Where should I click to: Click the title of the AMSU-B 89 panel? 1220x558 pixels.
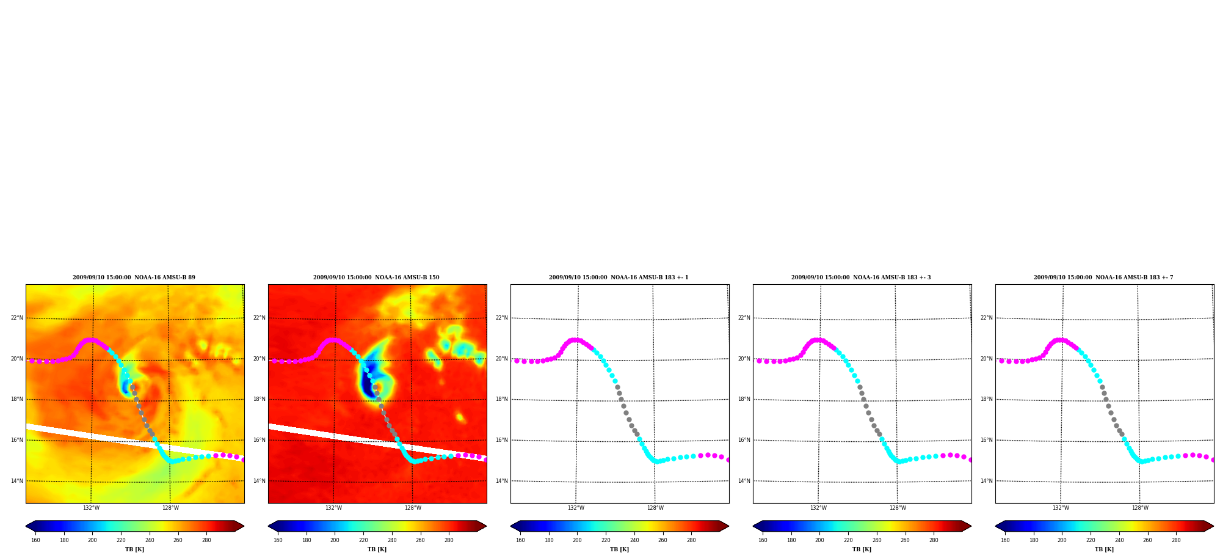(x=134, y=277)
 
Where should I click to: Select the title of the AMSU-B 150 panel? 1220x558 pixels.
(x=376, y=277)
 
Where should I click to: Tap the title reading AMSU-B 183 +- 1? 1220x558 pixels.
(x=619, y=277)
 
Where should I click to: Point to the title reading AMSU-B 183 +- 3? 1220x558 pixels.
(x=861, y=277)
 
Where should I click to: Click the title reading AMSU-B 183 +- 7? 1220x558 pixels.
(x=1103, y=277)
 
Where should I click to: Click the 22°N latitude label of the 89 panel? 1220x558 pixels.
(x=16, y=318)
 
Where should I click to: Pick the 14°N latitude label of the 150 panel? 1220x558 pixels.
(x=259, y=481)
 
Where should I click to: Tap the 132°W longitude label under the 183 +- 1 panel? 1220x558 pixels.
(x=576, y=508)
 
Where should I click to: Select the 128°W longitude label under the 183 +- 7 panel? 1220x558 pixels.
(x=1140, y=508)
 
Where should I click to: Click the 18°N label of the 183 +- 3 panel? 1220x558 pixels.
(x=744, y=399)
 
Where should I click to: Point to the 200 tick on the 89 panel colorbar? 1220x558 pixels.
(x=92, y=540)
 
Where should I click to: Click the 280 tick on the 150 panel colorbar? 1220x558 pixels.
(x=449, y=540)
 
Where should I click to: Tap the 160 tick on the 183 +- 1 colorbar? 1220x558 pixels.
(x=520, y=540)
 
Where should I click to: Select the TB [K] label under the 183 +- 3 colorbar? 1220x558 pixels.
(x=862, y=549)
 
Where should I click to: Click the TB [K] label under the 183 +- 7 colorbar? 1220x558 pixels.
(x=1104, y=549)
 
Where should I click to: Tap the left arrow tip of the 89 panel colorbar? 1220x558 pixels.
(x=26, y=526)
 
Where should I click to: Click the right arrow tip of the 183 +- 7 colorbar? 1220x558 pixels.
(x=1213, y=526)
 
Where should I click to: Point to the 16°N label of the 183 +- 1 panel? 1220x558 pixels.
(x=501, y=440)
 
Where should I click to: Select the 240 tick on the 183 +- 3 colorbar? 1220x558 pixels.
(x=877, y=540)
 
